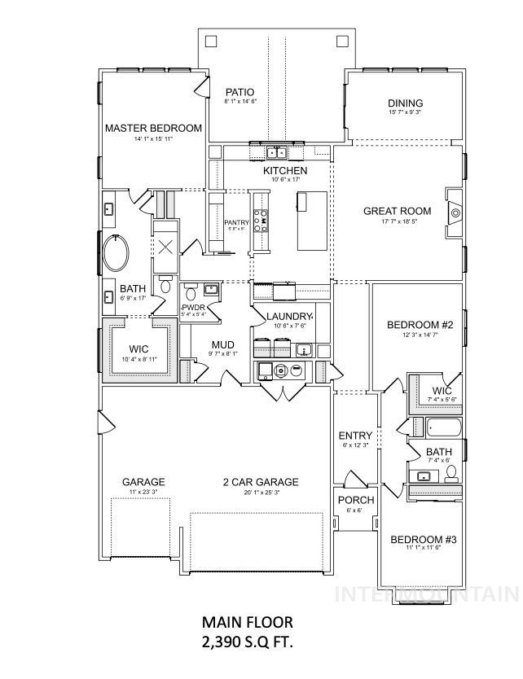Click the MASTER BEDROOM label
(x=153, y=128)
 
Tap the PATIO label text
(x=240, y=92)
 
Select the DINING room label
(x=405, y=103)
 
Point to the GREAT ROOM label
(x=396, y=211)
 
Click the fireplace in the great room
(x=454, y=214)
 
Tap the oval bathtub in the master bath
(x=118, y=254)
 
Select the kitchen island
(x=310, y=220)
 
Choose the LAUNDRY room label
(x=290, y=316)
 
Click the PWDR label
(x=192, y=308)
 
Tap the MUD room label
(x=223, y=344)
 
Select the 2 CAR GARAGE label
(x=261, y=482)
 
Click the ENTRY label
(x=355, y=436)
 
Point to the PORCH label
(x=355, y=500)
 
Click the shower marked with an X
(x=165, y=248)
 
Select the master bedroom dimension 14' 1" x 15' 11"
(x=153, y=138)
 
